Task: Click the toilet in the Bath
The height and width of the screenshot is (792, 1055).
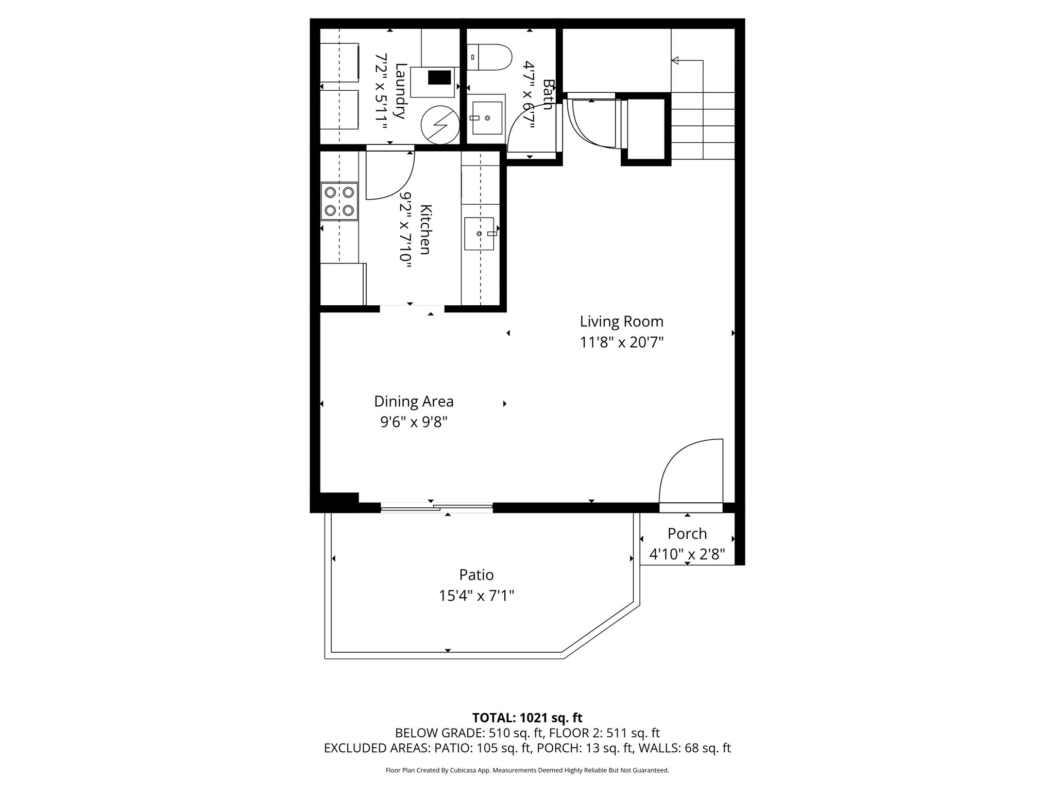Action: pyautogui.click(x=489, y=57)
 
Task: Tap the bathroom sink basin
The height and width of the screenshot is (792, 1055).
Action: pyautogui.click(x=487, y=118)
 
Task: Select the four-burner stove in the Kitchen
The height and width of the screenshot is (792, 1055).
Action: pyautogui.click(x=339, y=201)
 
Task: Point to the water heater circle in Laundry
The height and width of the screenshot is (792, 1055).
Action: pyautogui.click(x=439, y=125)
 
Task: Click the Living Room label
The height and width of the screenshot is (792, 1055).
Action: pyautogui.click(x=621, y=322)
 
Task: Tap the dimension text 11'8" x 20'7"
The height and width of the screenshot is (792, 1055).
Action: pyautogui.click(x=621, y=342)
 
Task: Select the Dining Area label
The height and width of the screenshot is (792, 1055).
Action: pyautogui.click(x=414, y=401)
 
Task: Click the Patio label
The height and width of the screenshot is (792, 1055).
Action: pyautogui.click(x=477, y=574)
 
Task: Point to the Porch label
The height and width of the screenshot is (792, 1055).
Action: pyautogui.click(x=687, y=533)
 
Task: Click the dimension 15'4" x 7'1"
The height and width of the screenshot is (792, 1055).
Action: pyautogui.click(x=477, y=596)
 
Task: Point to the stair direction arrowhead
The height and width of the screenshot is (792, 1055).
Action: pyautogui.click(x=675, y=61)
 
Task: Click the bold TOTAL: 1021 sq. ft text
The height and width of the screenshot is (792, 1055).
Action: pyautogui.click(x=527, y=718)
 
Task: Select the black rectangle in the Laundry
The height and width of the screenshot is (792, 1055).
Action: pyautogui.click(x=439, y=78)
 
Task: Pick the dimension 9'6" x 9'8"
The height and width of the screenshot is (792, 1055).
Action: pyautogui.click(x=414, y=422)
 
